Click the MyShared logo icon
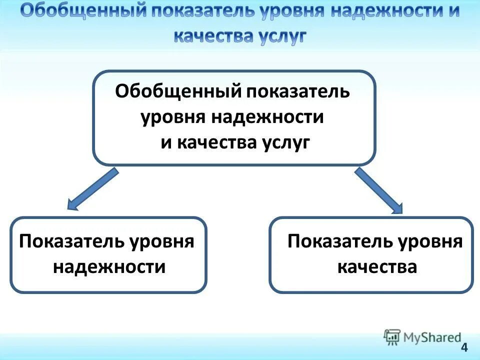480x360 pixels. click(392, 337)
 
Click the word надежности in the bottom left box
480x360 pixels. click(109, 266)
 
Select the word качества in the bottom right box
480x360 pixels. click(377, 266)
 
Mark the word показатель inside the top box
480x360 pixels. click(297, 92)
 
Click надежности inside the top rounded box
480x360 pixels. click(268, 117)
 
